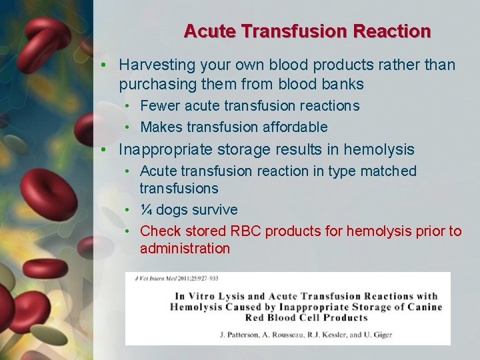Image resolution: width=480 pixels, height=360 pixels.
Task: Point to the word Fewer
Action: (x=160, y=106)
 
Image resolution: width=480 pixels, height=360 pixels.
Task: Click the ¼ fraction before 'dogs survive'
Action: (x=146, y=210)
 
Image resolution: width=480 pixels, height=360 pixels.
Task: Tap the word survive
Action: (x=215, y=210)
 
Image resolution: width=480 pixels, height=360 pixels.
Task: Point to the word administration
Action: (x=185, y=249)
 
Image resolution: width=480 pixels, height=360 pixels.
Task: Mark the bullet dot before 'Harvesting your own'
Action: (x=105, y=65)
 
